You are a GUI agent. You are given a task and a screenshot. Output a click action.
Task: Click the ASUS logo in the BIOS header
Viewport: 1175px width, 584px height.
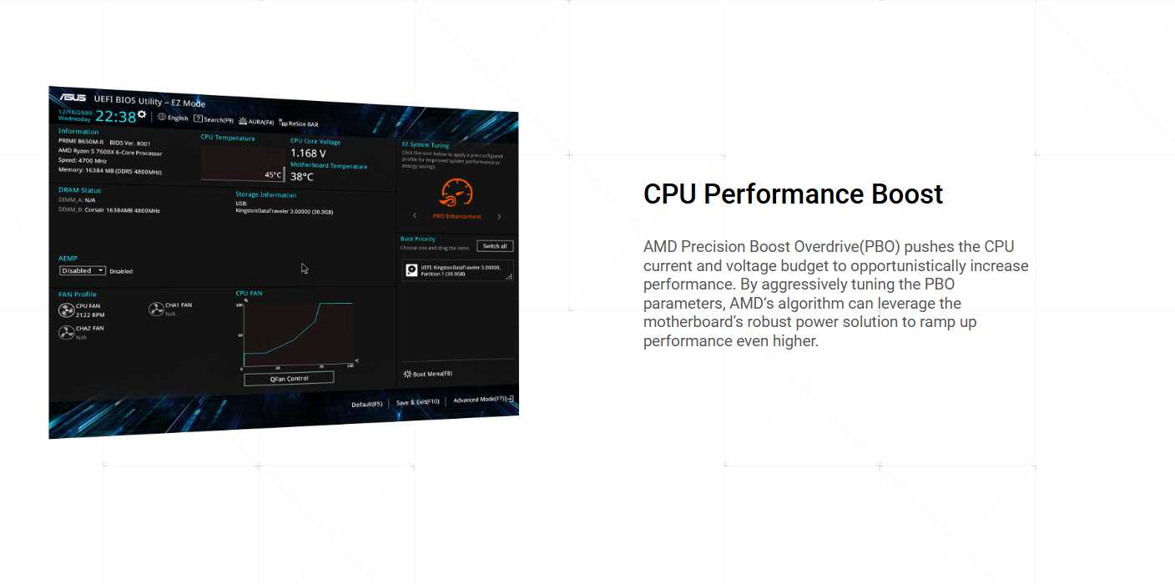coord(72,98)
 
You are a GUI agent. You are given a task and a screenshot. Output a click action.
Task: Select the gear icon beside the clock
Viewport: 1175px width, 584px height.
coord(142,114)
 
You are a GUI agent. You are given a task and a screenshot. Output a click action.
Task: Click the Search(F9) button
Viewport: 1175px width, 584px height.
coord(214,120)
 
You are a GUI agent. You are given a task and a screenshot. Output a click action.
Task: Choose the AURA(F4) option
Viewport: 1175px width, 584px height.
coord(256,122)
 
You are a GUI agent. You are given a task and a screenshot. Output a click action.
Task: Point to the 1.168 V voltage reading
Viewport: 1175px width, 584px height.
coord(308,154)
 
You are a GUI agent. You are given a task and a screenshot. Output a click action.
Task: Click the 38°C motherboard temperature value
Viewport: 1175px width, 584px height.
coord(302,177)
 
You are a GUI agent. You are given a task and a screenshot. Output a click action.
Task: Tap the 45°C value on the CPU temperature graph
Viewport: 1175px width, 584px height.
coord(273,175)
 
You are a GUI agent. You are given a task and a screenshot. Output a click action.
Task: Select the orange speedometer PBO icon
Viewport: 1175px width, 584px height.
coord(456,194)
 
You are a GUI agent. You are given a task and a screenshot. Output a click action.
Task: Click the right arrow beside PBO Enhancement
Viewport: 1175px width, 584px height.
coord(499,217)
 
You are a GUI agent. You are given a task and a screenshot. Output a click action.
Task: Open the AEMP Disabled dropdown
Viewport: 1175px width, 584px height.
coord(83,270)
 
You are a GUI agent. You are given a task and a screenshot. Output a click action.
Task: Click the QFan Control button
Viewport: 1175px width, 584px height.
coord(289,379)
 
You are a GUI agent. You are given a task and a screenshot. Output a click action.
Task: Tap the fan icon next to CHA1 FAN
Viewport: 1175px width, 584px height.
coord(156,310)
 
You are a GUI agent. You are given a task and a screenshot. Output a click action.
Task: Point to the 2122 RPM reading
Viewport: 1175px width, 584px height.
coord(90,315)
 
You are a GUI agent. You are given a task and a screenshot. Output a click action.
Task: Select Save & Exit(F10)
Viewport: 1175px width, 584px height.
coord(417,402)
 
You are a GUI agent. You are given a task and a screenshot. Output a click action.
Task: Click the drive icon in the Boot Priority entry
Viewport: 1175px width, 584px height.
coord(411,269)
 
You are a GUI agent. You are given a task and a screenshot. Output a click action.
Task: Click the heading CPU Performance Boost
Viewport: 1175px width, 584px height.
coord(793,194)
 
